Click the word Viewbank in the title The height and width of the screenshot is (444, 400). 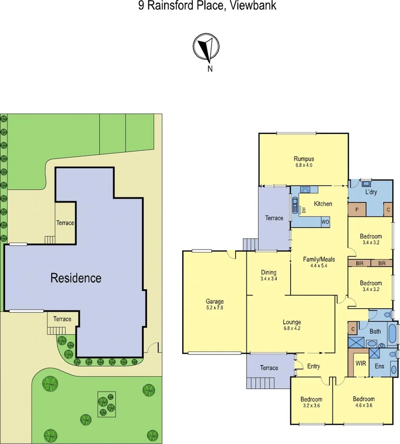click(x=253, y=6)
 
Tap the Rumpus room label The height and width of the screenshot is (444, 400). click(x=304, y=159)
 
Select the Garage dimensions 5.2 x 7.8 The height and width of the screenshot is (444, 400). click(x=214, y=308)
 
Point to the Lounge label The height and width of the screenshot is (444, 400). click(x=292, y=322)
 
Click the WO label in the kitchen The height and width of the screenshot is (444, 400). click(x=326, y=222)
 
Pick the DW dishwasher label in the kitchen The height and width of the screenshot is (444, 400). click(x=304, y=210)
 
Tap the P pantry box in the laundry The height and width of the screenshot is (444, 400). click(x=357, y=210)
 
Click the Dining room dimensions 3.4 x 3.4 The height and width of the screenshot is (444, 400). click(x=268, y=278)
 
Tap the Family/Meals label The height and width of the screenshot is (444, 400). click(x=319, y=259)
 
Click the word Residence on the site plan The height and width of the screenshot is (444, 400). click(x=76, y=278)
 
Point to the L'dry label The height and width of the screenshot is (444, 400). click(x=371, y=192)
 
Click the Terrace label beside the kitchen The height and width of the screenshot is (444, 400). click(x=274, y=218)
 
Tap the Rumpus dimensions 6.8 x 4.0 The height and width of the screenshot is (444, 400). click(x=304, y=165)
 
